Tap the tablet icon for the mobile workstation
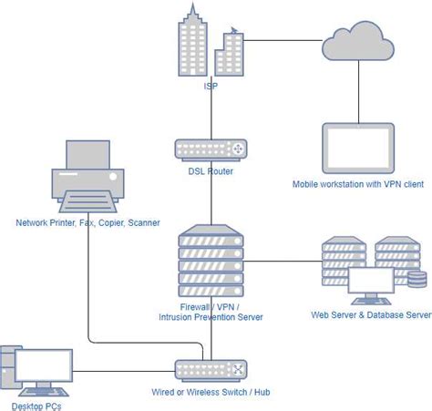tap(358, 149)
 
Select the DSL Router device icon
tap(211, 149)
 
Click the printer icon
tap(87, 178)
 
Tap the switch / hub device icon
tap(211, 369)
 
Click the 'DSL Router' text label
tap(211, 170)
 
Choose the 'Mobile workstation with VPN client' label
tap(357, 184)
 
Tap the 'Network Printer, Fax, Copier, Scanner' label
tap(87, 221)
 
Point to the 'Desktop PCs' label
tap(36, 406)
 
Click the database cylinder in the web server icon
tap(417, 279)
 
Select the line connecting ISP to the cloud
tap(283, 40)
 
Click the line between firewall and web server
tap(283, 262)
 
